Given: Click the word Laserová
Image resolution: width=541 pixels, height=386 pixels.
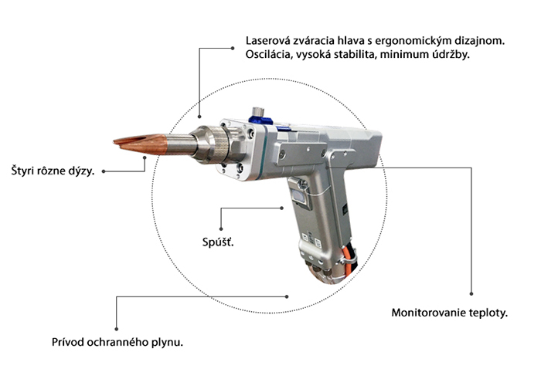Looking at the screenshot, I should tap(267, 40).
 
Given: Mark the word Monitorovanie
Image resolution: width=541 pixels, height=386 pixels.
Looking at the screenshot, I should tap(429, 314).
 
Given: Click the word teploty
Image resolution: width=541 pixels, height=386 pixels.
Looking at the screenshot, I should tap(488, 314).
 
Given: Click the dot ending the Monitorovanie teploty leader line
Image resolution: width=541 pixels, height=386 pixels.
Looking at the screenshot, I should tap(471, 293).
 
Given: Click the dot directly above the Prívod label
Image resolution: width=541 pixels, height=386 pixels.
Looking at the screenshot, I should tap(116, 324).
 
